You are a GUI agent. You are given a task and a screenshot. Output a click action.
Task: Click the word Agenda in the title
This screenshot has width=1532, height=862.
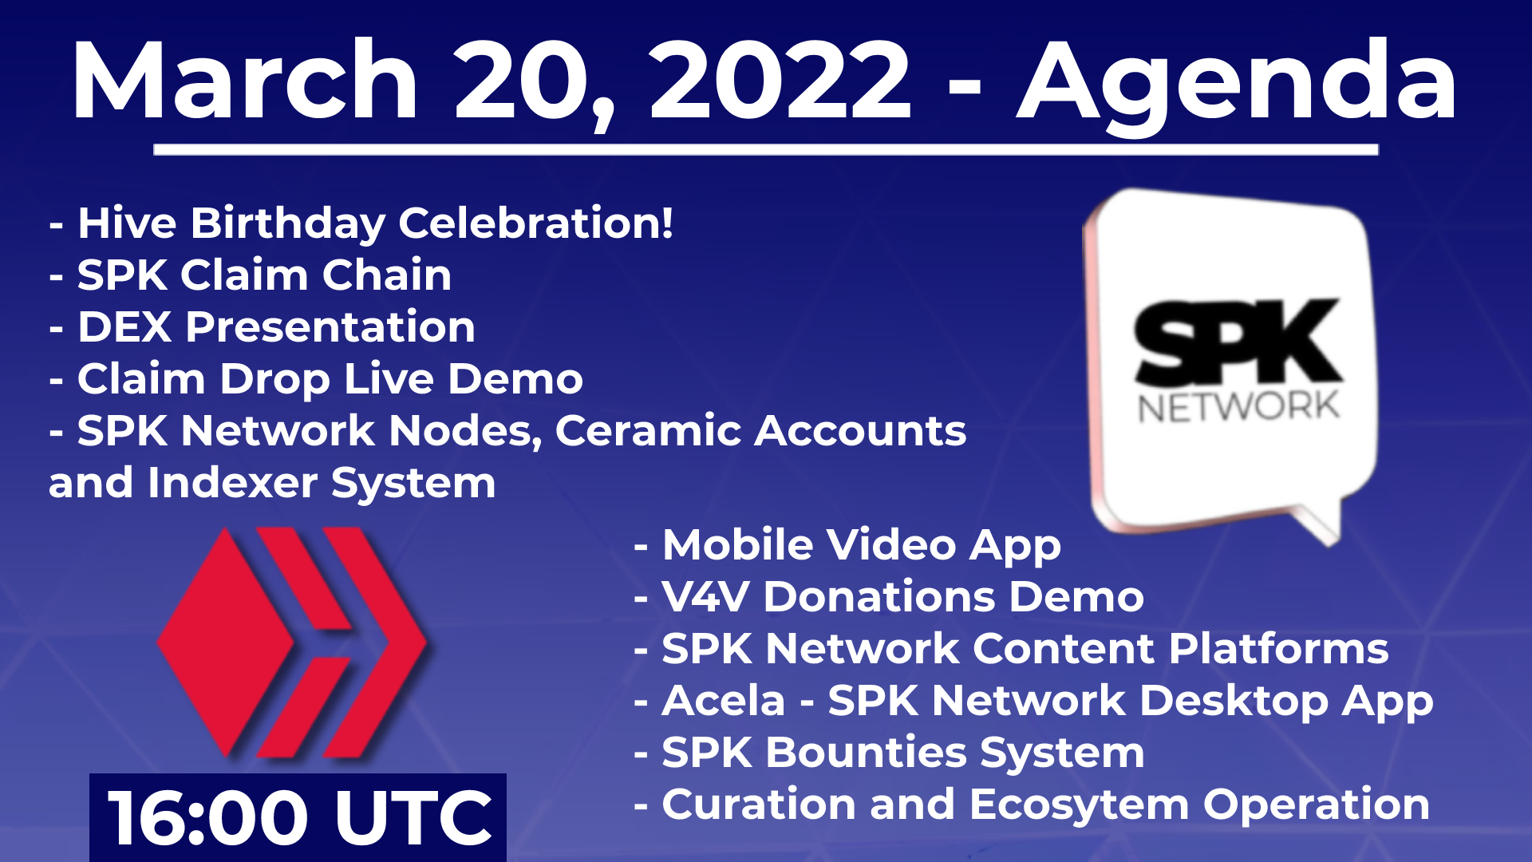[1238, 85]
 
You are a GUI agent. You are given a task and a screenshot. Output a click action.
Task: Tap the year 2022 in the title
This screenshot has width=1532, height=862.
[780, 80]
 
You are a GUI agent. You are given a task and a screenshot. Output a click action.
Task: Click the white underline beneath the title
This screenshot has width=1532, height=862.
[766, 149]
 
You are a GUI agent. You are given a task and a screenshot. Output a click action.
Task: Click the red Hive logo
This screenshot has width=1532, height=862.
[292, 643]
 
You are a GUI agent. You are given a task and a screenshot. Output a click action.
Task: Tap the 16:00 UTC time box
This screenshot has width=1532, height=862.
[298, 817]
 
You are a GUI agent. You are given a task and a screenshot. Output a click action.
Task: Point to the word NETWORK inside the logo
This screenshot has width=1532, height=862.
[1238, 407]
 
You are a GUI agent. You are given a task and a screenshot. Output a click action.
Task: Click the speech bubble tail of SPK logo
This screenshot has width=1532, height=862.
[1317, 523]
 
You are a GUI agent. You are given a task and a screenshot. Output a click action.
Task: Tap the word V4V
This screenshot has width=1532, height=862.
[705, 597]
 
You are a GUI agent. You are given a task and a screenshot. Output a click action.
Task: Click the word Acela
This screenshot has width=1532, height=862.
[724, 701]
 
